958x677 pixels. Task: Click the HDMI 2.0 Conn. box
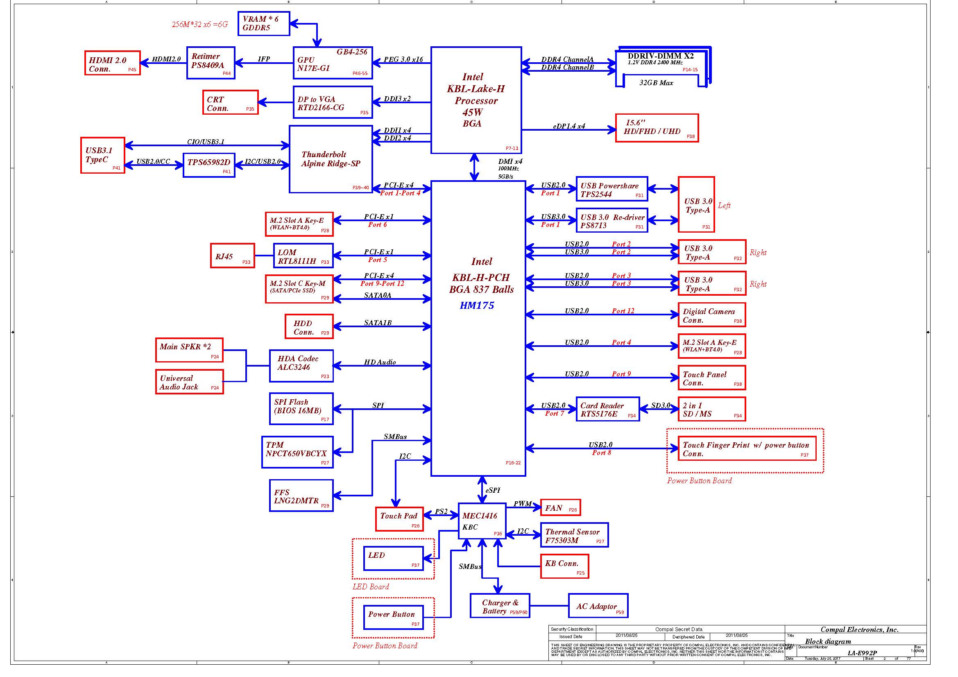(x=112, y=63)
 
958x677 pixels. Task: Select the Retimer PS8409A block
(x=211, y=63)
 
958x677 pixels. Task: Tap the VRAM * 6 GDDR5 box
(x=264, y=24)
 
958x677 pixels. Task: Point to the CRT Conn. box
(x=230, y=102)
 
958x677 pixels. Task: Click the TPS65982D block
(x=208, y=165)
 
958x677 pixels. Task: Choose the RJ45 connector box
(x=232, y=256)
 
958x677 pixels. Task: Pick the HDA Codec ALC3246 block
(x=301, y=366)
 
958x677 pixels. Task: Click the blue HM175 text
(x=477, y=306)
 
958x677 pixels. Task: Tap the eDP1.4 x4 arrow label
(x=569, y=126)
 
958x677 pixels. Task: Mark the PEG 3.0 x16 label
(x=403, y=59)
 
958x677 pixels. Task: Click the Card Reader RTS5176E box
(x=607, y=409)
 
